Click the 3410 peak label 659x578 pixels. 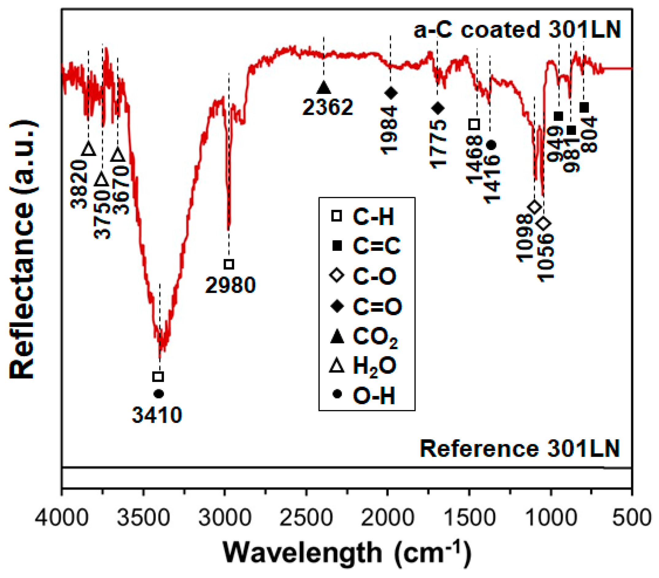(x=157, y=415)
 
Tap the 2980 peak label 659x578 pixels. (x=230, y=285)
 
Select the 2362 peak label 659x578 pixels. (x=328, y=107)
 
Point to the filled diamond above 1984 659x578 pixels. (x=391, y=93)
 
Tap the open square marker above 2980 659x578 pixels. (x=229, y=264)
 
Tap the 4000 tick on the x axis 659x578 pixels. (x=62, y=518)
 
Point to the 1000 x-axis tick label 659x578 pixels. (x=551, y=518)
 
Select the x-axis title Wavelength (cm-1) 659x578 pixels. (x=347, y=553)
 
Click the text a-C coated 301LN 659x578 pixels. (x=517, y=30)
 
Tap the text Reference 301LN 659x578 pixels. (x=520, y=449)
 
